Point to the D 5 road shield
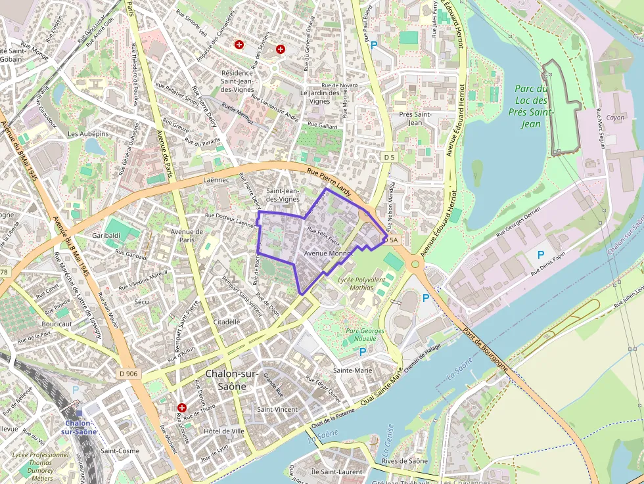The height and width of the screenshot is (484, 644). (390, 157)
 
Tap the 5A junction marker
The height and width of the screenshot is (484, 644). (394, 241)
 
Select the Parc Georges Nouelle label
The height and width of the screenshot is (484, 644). (365, 334)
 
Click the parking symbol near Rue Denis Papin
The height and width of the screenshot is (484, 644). (541, 255)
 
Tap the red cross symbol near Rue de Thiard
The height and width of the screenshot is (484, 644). (181, 407)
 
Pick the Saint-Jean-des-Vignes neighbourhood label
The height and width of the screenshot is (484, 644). (283, 194)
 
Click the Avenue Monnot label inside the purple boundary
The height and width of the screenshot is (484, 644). (329, 253)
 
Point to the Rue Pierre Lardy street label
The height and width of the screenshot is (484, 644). (330, 183)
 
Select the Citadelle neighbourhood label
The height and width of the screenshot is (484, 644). (227, 322)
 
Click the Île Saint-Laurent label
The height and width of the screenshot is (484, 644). (337, 472)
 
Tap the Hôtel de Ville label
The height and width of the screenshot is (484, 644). (224, 431)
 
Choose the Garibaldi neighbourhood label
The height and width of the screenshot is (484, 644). (106, 235)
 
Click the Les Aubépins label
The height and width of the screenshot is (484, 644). (88, 133)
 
